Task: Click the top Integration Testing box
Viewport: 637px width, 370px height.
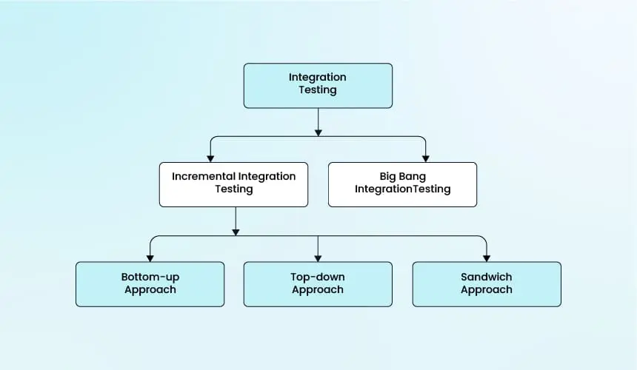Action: (318, 86)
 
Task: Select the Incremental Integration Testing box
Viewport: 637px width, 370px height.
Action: (233, 184)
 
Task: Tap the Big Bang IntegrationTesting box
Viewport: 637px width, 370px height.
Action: (403, 184)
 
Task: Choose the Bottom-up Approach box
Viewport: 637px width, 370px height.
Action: (150, 284)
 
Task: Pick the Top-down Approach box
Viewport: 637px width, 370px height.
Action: (318, 284)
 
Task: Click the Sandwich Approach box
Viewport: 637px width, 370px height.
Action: (487, 284)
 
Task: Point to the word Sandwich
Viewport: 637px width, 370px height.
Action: (487, 277)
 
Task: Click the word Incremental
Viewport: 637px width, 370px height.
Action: (204, 176)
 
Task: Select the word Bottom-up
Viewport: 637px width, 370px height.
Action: (150, 277)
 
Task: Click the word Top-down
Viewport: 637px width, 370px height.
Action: (318, 277)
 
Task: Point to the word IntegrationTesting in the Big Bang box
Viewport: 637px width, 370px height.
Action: (403, 189)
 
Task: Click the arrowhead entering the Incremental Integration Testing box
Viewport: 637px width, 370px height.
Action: (210, 158)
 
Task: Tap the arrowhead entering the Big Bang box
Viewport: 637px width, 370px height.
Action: (426, 158)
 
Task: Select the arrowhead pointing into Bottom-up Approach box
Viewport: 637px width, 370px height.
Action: (150, 258)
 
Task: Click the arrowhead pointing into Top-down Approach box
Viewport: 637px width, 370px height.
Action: (318, 258)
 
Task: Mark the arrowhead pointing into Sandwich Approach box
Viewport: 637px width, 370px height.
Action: (487, 258)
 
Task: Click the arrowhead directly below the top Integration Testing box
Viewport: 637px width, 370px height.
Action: (318, 132)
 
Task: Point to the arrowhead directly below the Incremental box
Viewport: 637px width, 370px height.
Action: (236, 232)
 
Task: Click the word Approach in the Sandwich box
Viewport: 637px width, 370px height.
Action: (487, 289)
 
